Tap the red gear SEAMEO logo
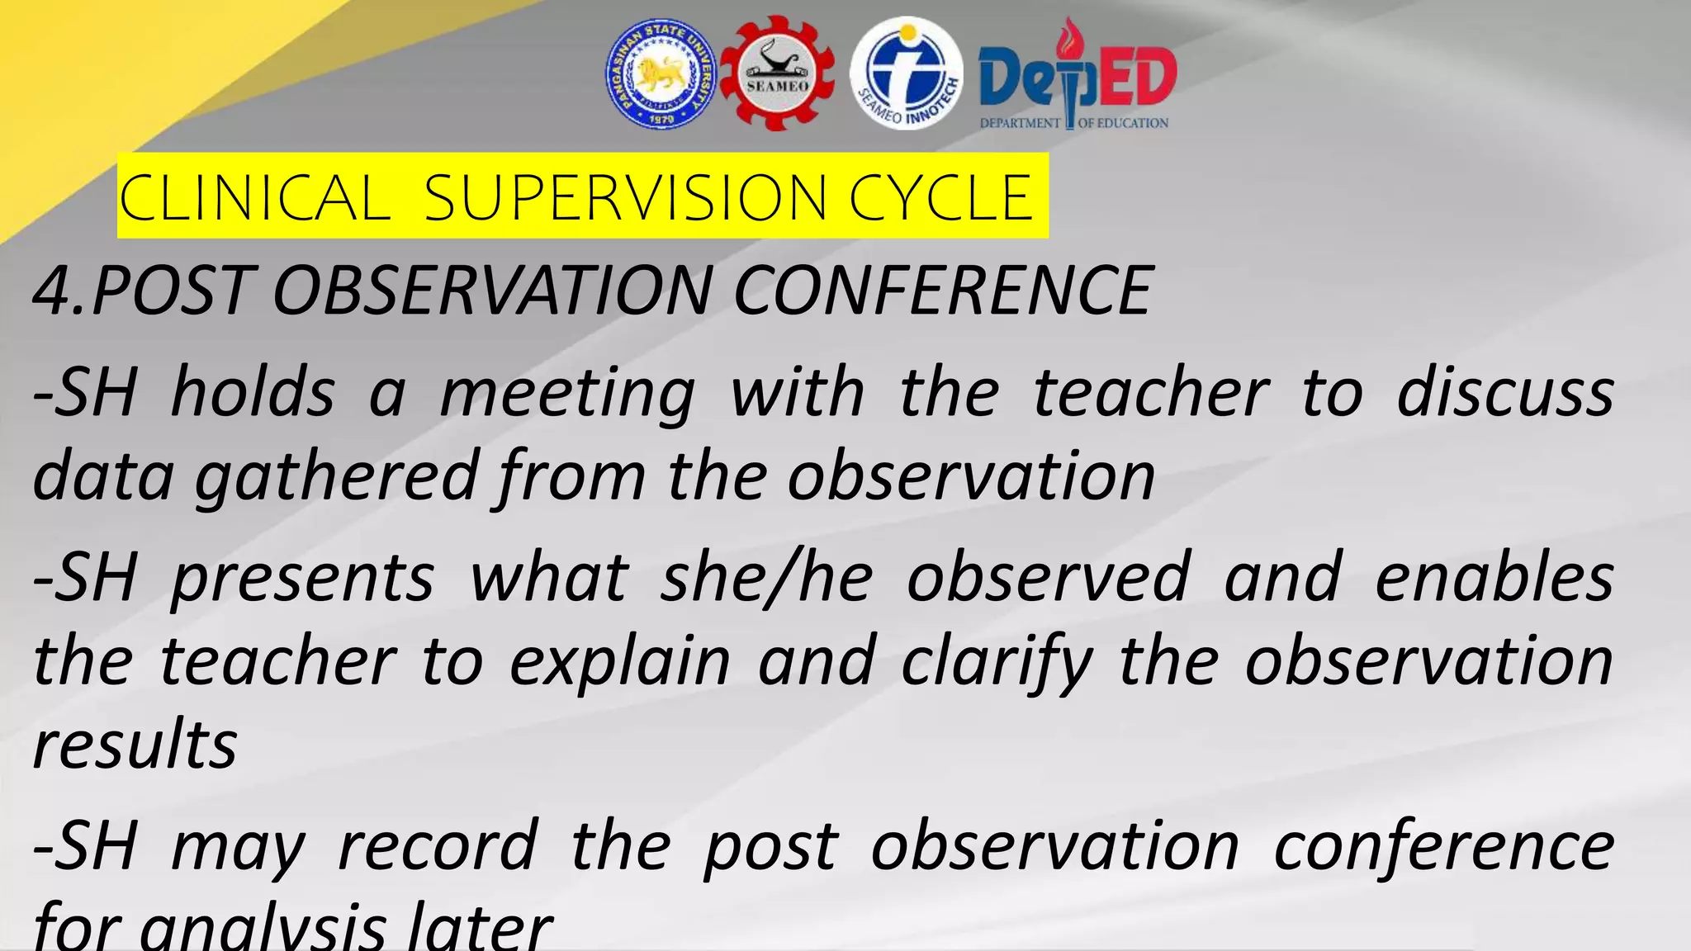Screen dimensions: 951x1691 click(x=777, y=74)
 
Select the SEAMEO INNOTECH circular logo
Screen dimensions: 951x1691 click(x=907, y=74)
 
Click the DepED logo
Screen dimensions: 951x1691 click(x=1077, y=76)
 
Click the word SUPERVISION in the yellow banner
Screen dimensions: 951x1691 click(x=625, y=198)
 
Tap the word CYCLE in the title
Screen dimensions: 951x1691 click(x=941, y=198)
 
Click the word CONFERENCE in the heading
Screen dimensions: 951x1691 click(x=942, y=291)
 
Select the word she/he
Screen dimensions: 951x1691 click(x=767, y=577)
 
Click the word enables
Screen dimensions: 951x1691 click(x=1494, y=577)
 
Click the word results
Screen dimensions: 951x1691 click(x=135, y=745)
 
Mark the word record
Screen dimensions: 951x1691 click(x=438, y=845)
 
